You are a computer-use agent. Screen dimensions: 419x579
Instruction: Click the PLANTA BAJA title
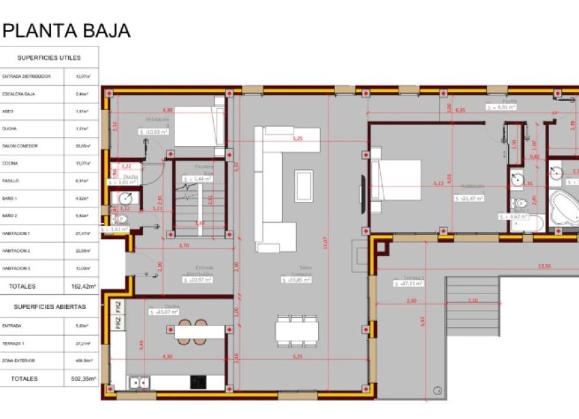pyautogui.click(x=67, y=31)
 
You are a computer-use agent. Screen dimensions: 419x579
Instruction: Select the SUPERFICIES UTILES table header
pyautogui.click(x=49, y=58)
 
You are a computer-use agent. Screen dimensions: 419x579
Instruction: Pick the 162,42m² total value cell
pyautogui.click(x=84, y=287)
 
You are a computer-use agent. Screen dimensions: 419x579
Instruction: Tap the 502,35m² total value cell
pyautogui.click(x=84, y=378)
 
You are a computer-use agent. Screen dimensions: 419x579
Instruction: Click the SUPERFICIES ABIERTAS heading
pyautogui.click(x=49, y=307)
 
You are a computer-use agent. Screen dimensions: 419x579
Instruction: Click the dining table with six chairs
pyautogui.click(x=296, y=330)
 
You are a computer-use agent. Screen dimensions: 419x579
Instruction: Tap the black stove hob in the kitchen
pyautogui.click(x=198, y=381)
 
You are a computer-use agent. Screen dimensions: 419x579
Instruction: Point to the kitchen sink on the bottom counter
pyautogui.click(x=140, y=382)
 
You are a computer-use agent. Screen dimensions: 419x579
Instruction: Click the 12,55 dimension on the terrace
pyautogui.click(x=544, y=265)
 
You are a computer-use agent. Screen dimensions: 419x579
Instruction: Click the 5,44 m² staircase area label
pyautogui.click(x=198, y=179)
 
